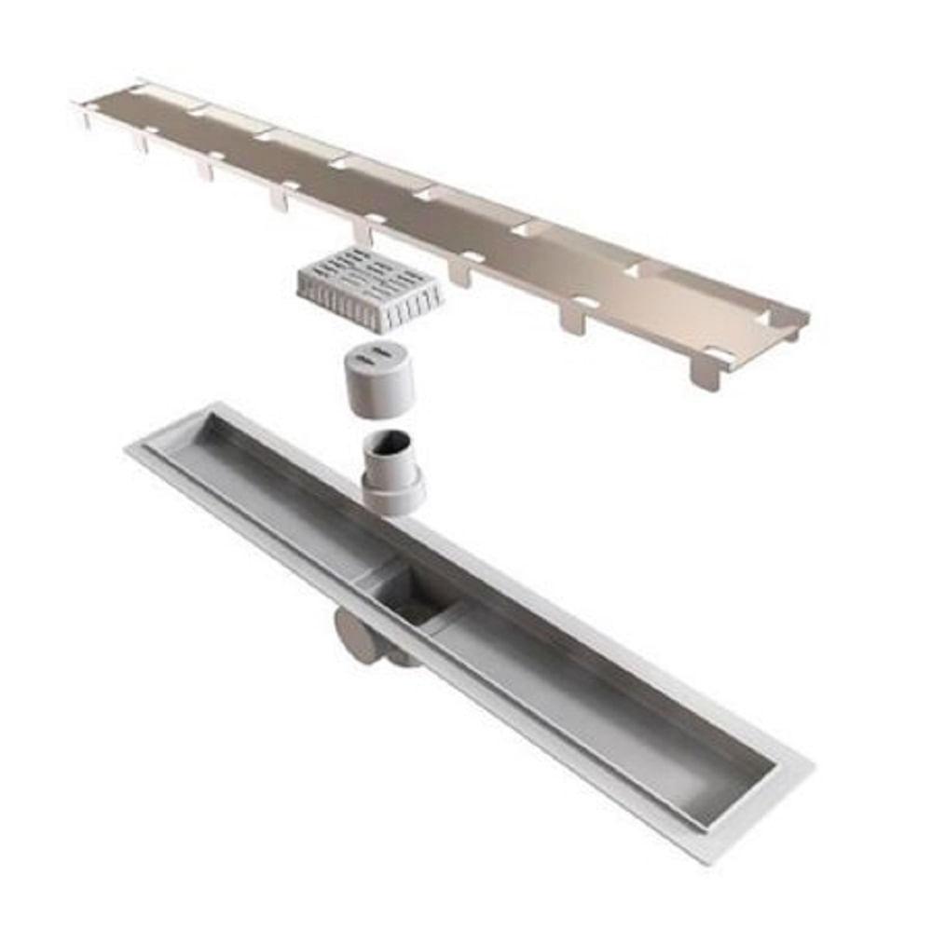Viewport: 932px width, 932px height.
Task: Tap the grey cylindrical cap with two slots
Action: click(378, 377)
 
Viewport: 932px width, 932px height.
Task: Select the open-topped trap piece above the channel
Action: click(391, 472)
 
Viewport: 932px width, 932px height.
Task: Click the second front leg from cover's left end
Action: click(205, 167)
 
